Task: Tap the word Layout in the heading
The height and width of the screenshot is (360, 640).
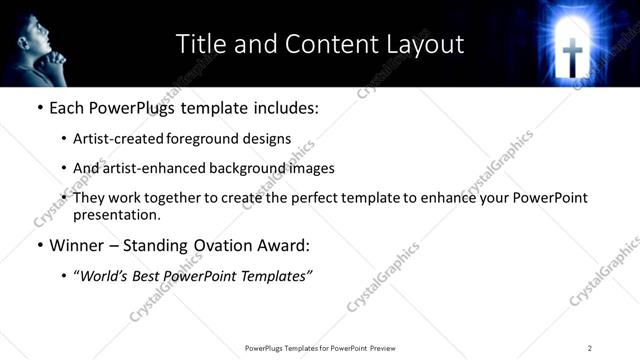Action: coord(425,44)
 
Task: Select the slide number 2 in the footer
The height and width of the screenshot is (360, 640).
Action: coord(590,348)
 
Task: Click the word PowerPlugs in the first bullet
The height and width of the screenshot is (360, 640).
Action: coord(132,106)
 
